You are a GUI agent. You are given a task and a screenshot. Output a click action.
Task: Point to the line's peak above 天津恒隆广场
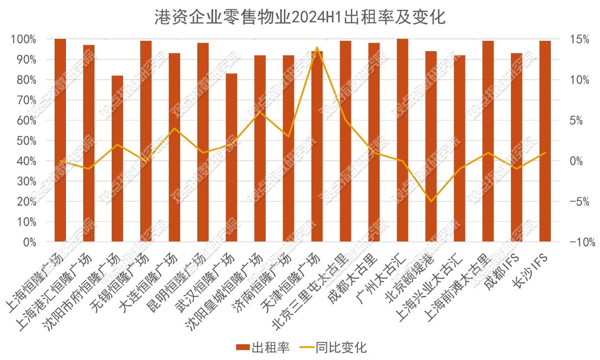point(317,47)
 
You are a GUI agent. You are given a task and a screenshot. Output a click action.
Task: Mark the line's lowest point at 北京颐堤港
point(431,201)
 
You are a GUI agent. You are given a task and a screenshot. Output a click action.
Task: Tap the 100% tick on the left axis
point(24,39)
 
